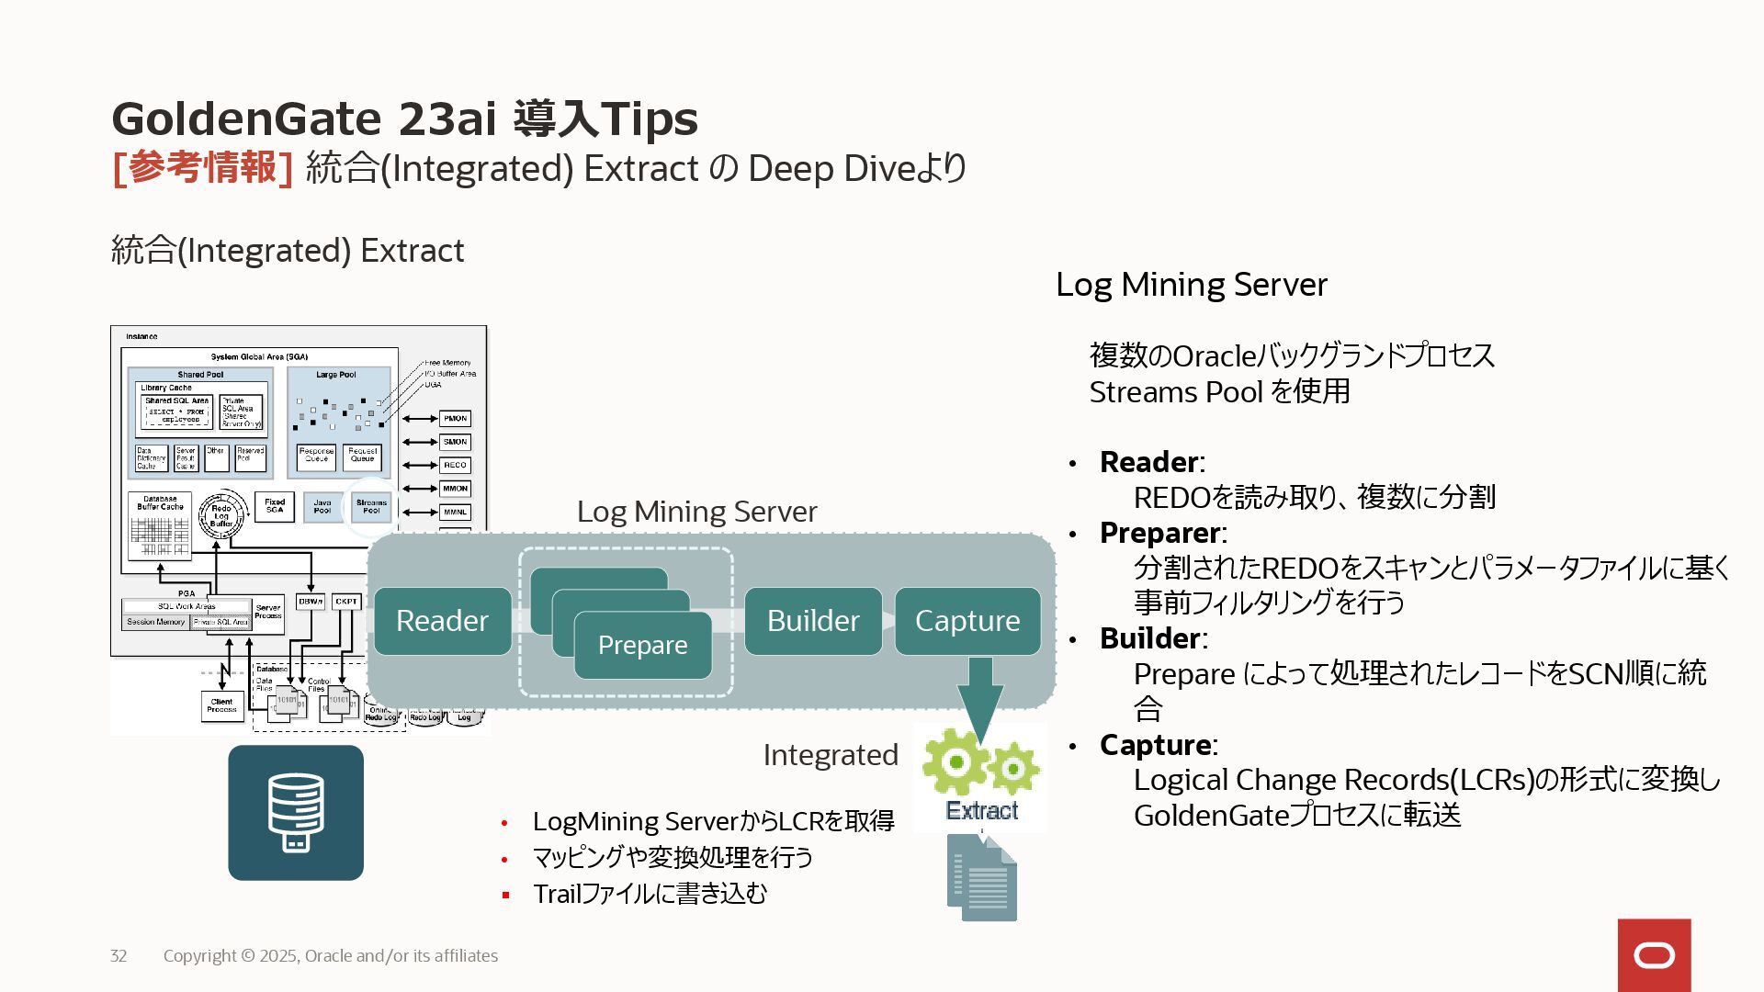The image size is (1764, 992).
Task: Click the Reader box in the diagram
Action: pyautogui.click(x=442, y=621)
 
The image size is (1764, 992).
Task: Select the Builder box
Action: pyautogui.click(x=813, y=621)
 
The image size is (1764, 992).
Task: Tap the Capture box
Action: pyautogui.click(x=967, y=621)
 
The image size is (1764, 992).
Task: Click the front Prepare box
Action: pyautogui.click(x=642, y=645)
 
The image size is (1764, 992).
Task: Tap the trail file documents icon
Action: pyautogui.click(x=982, y=877)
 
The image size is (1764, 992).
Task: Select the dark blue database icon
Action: pyautogui.click(x=296, y=813)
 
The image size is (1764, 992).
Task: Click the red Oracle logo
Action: pyautogui.click(x=1654, y=955)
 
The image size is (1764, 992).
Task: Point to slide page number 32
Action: pyautogui.click(x=119, y=956)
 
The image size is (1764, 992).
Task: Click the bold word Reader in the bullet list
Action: pyautogui.click(x=1148, y=462)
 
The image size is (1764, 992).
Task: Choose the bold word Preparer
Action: pyautogui.click(x=1159, y=533)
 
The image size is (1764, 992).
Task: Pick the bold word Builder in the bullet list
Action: pyautogui.click(x=1149, y=638)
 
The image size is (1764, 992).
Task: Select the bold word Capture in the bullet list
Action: pyautogui.click(x=1155, y=745)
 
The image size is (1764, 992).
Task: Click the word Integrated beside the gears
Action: pyautogui.click(x=831, y=755)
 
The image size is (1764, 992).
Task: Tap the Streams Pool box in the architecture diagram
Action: pyautogui.click(x=371, y=506)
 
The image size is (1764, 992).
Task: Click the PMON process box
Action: pyautogui.click(x=455, y=419)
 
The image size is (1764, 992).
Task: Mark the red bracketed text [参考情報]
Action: pyautogui.click(x=202, y=168)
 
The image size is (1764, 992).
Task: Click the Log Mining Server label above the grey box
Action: pyautogui.click(x=696, y=512)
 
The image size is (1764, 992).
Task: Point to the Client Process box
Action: pyautogui.click(x=221, y=705)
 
